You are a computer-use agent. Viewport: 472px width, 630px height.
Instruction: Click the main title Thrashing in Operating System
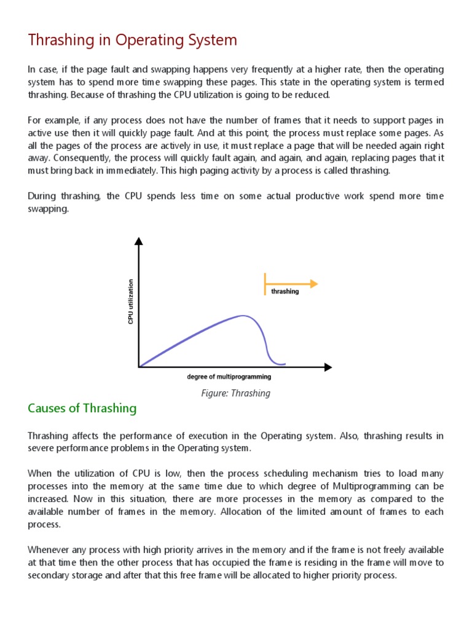(x=132, y=41)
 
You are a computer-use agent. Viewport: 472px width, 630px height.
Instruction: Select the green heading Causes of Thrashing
(x=82, y=409)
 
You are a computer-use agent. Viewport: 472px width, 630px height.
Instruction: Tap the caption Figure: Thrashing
(x=235, y=393)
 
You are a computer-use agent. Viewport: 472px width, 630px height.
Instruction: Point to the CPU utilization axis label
(x=130, y=301)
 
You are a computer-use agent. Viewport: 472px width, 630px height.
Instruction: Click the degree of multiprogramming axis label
(x=229, y=377)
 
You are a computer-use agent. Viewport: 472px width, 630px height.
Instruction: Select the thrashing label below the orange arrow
(x=285, y=292)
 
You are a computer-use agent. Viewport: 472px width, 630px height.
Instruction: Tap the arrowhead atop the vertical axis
(x=140, y=241)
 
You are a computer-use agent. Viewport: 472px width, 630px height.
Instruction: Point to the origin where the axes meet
(x=140, y=367)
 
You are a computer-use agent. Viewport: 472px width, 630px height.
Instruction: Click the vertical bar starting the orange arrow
(x=265, y=284)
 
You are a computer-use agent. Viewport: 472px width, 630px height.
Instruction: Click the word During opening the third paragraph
(x=42, y=196)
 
